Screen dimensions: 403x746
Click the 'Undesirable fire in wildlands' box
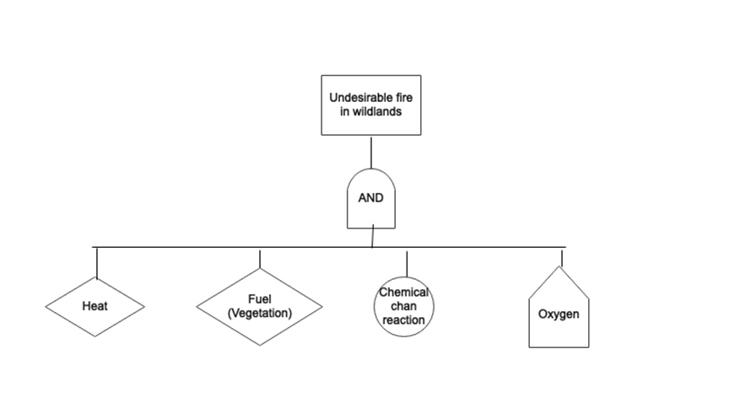click(x=370, y=105)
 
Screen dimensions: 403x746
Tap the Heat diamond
click(x=95, y=306)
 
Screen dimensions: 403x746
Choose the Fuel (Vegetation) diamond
click(x=260, y=307)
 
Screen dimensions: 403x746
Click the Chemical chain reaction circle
click(x=403, y=307)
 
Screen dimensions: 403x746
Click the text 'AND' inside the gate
click(x=370, y=199)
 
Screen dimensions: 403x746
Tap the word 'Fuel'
click(x=260, y=299)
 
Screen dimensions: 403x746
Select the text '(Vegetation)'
click(x=260, y=313)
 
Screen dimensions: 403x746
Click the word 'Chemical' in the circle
click(x=403, y=293)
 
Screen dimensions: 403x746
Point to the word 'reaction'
click(x=403, y=320)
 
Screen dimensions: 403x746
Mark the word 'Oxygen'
click(x=559, y=314)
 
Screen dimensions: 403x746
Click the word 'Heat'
click(x=95, y=306)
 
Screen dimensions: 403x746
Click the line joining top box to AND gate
click(x=371, y=152)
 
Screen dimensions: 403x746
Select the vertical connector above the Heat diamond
click(x=96, y=262)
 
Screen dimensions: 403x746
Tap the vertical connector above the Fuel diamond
click(x=260, y=257)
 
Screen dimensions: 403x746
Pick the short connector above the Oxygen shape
click(x=562, y=256)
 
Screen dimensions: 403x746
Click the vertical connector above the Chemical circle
click(x=407, y=263)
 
